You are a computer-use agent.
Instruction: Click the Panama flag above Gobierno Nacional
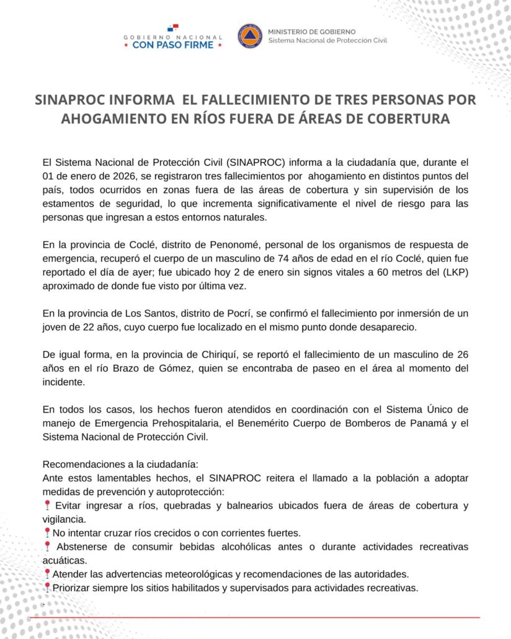point(172,28)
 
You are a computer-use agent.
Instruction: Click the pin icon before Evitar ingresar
point(47,505)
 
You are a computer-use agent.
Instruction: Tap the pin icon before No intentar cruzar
point(47,532)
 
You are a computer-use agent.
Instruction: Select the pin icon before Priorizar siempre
point(47,587)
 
